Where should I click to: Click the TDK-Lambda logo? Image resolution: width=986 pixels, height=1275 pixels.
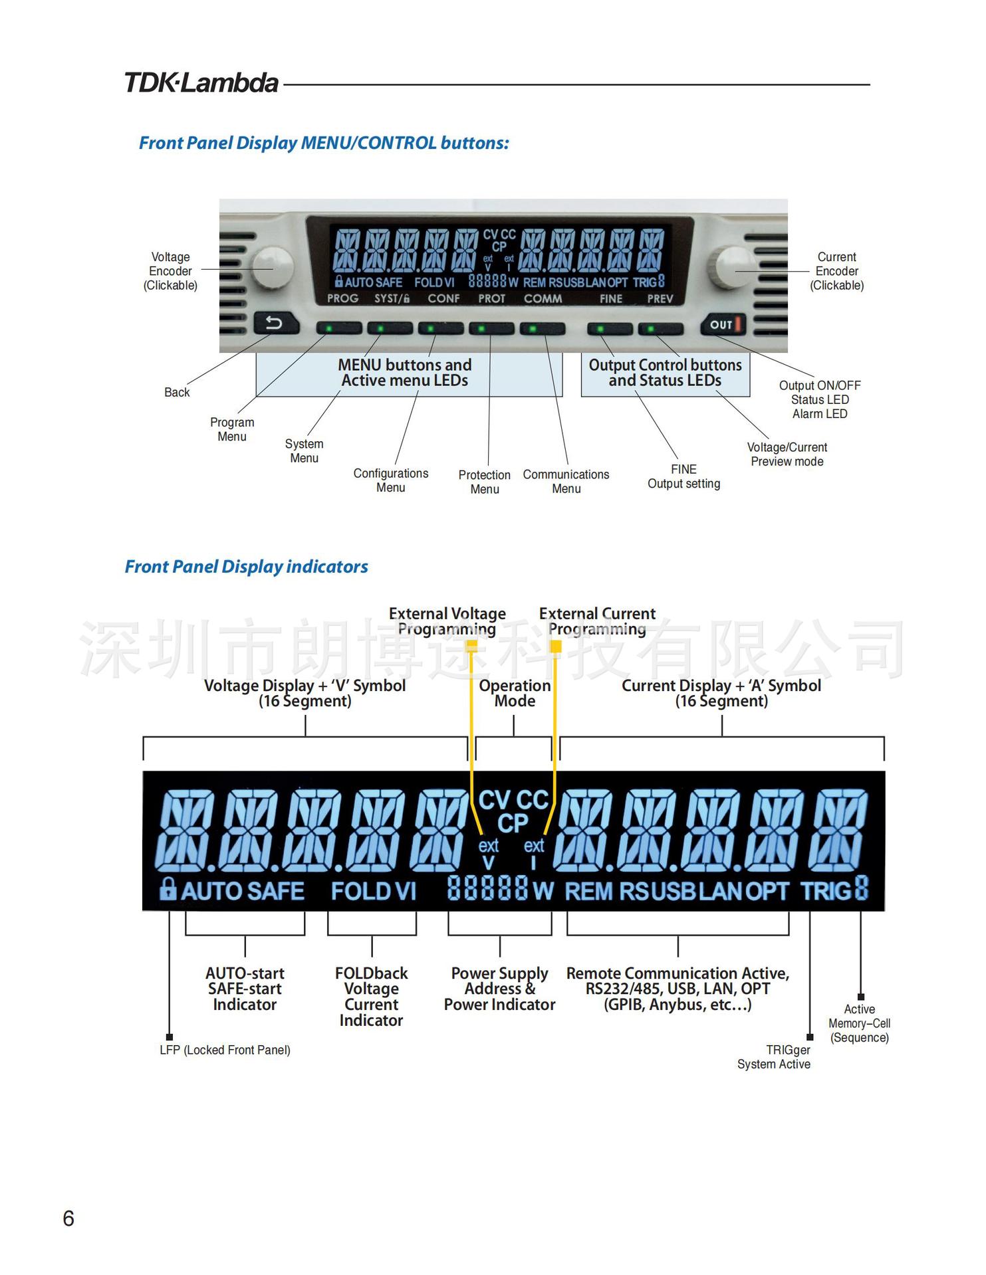pyautogui.click(x=201, y=83)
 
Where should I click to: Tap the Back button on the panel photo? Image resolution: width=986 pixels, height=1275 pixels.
pyautogui.click(x=275, y=324)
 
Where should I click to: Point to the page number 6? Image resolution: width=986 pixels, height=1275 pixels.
pyautogui.click(x=68, y=1218)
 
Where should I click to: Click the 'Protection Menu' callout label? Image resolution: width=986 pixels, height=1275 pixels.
pyautogui.click(x=484, y=482)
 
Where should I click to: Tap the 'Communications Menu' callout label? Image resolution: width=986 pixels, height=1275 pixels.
pyautogui.click(x=566, y=482)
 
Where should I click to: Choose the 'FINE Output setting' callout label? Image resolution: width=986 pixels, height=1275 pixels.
pyautogui.click(x=683, y=476)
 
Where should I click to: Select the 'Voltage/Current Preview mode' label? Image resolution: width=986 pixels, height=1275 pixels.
pyautogui.click(x=787, y=454)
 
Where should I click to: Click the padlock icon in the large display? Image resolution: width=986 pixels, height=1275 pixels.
pyautogui.click(x=168, y=888)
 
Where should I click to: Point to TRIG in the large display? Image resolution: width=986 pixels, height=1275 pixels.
pyautogui.click(x=825, y=890)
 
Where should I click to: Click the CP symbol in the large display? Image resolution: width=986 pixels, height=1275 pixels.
pyautogui.click(x=513, y=823)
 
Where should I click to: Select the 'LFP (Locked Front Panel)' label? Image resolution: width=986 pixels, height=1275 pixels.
pyautogui.click(x=225, y=1050)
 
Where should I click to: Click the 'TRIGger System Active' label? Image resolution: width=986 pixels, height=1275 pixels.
pyautogui.click(x=774, y=1056)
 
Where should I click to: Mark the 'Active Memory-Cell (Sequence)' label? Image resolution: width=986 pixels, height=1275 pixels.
pyautogui.click(x=859, y=1023)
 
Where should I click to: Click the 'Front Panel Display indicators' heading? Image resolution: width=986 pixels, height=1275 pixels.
pyautogui.click(x=246, y=567)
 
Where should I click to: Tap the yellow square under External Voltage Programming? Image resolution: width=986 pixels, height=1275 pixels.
pyautogui.click(x=471, y=645)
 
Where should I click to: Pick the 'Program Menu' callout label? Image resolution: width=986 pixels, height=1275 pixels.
pyautogui.click(x=232, y=429)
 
